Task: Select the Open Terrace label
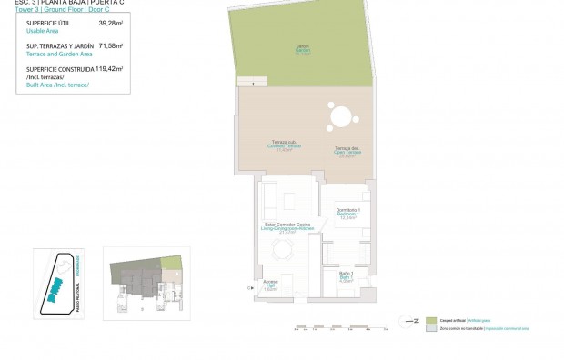347,151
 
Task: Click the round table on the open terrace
339,118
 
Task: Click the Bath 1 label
346,278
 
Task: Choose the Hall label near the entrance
270,284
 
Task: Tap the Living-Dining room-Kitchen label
282,227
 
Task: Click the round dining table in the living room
285,250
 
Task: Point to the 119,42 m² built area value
109,68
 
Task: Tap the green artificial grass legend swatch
432,321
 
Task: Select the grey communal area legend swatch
432,330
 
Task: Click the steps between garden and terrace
246,84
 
